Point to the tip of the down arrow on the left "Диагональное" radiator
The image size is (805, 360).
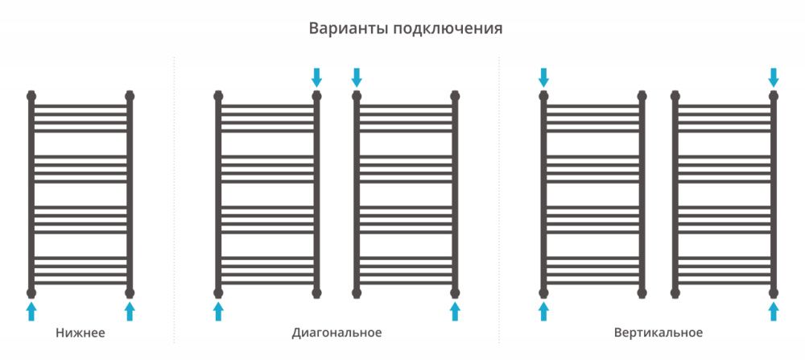click(316, 87)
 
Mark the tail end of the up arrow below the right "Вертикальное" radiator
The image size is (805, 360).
click(774, 321)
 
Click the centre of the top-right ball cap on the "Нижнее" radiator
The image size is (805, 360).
click(130, 96)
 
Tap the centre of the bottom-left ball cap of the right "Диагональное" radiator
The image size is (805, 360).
click(357, 293)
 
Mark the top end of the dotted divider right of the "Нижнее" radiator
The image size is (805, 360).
click(174, 57)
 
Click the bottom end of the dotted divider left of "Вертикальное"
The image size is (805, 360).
click(498, 342)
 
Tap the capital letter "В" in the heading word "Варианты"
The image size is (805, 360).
click(314, 27)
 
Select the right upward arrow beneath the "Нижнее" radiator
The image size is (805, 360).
click(130, 312)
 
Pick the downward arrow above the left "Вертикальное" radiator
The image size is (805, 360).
click(543, 77)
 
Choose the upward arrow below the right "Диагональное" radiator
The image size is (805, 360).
click(455, 312)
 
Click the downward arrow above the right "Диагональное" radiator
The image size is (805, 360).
click(357, 77)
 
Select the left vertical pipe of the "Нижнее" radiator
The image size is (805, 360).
click(31, 194)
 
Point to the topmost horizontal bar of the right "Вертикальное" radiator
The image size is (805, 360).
click(724, 106)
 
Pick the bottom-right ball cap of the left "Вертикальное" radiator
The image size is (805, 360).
click(642, 293)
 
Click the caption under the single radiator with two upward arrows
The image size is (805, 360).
click(80, 333)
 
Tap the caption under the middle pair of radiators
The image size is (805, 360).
click(336, 333)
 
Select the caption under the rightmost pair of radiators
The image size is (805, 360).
click(658, 333)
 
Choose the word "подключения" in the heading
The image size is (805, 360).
click(448, 28)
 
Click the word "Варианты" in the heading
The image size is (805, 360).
click(349, 28)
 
